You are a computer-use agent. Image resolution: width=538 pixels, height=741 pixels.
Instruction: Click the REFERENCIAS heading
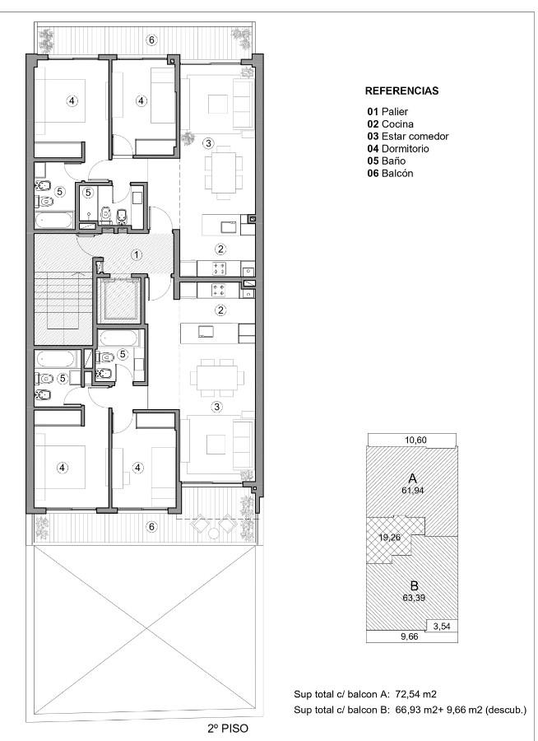402,91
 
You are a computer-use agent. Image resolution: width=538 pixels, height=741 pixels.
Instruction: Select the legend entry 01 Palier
387,111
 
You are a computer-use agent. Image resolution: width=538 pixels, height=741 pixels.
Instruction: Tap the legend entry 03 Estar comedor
408,136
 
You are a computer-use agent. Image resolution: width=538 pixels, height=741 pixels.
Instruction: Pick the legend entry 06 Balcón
390,173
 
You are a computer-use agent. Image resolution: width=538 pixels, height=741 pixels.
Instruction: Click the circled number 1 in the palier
136,255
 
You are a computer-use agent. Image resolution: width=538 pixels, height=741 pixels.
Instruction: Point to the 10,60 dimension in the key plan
415,440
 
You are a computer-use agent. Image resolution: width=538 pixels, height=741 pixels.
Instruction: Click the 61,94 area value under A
412,491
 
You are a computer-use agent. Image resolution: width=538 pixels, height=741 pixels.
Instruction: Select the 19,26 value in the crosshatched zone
390,538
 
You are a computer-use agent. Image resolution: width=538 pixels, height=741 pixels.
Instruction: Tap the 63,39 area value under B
414,598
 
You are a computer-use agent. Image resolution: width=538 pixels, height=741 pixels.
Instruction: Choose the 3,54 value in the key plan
442,627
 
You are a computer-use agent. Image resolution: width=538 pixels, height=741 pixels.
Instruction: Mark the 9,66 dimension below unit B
410,636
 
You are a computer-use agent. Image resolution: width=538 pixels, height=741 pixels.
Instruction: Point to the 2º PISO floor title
228,729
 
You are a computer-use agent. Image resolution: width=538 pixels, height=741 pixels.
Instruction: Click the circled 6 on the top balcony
151,40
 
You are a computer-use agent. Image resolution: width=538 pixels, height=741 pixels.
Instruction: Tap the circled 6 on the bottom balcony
151,526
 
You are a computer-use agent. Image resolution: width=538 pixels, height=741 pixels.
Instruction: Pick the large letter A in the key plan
412,478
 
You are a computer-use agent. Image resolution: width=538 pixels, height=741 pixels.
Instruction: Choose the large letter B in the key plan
415,586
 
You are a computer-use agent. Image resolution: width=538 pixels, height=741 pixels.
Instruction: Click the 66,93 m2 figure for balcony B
415,710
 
